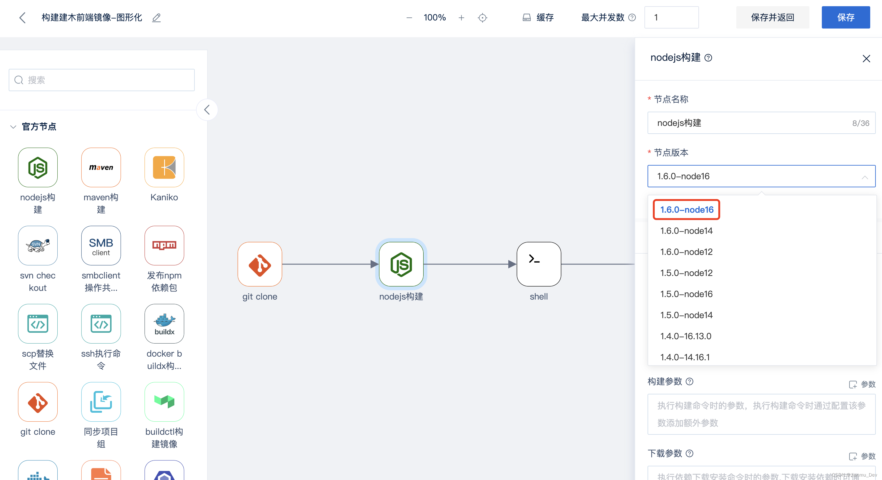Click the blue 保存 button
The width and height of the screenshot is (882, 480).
tap(845, 17)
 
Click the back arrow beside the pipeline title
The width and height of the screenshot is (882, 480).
tap(23, 17)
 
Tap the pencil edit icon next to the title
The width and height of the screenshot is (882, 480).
tap(157, 17)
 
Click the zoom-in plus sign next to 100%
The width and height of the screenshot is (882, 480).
tap(461, 17)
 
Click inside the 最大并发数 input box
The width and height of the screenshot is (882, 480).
tap(671, 17)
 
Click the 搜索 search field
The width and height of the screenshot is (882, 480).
tap(102, 80)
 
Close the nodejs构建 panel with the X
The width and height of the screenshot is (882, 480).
tap(866, 59)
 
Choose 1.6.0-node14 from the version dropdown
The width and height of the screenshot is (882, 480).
tap(686, 231)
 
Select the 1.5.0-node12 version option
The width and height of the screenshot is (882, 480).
tap(686, 273)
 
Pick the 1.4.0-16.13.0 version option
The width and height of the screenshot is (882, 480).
tap(685, 336)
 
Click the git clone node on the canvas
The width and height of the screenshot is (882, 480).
tap(260, 264)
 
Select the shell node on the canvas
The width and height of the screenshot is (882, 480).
tap(539, 264)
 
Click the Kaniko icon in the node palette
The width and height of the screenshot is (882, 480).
tap(164, 167)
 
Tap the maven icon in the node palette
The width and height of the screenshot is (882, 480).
tap(101, 167)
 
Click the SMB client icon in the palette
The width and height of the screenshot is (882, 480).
tap(101, 246)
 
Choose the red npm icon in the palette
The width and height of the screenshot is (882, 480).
tap(164, 246)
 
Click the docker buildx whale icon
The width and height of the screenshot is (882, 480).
tap(164, 323)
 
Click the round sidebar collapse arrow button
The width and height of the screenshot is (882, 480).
tap(207, 110)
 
